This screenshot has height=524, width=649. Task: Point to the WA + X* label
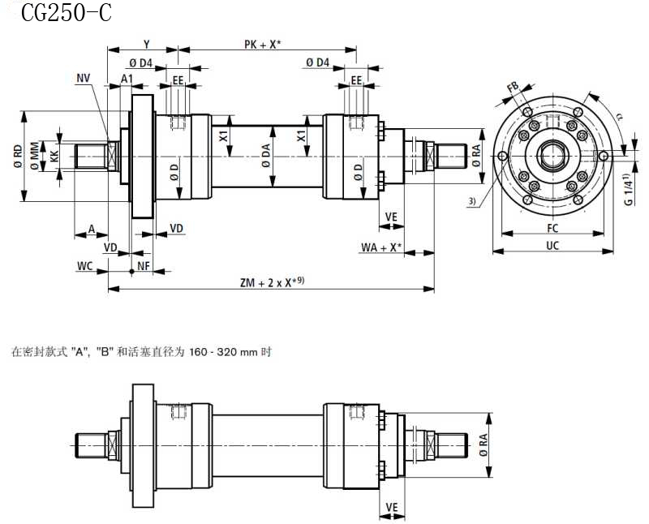[381, 247]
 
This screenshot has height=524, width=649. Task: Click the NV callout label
[84, 78]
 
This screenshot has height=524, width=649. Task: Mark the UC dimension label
[552, 245]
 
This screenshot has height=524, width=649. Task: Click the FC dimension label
[552, 228]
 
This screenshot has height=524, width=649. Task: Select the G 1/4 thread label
[629, 191]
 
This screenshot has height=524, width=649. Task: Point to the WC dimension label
[84, 266]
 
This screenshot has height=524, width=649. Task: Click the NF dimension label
[144, 266]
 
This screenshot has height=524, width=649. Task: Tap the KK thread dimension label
[54, 155]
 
